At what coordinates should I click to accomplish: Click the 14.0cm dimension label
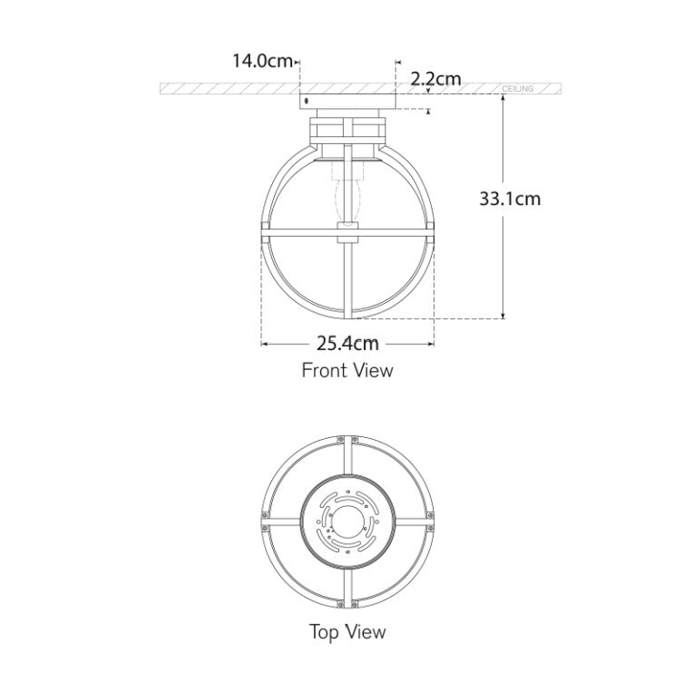(x=262, y=62)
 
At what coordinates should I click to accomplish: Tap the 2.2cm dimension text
(x=435, y=79)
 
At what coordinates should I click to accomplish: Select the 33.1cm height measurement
(x=510, y=198)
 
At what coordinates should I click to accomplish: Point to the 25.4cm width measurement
(x=347, y=343)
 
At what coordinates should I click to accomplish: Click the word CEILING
(x=518, y=90)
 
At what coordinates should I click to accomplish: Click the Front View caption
(x=347, y=370)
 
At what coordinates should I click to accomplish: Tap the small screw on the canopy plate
(x=306, y=100)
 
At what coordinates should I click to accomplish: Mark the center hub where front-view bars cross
(x=348, y=231)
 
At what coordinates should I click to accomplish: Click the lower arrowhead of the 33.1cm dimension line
(x=503, y=315)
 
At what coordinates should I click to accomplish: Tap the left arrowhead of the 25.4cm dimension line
(x=265, y=343)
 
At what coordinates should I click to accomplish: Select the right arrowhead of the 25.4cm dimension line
(x=431, y=343)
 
